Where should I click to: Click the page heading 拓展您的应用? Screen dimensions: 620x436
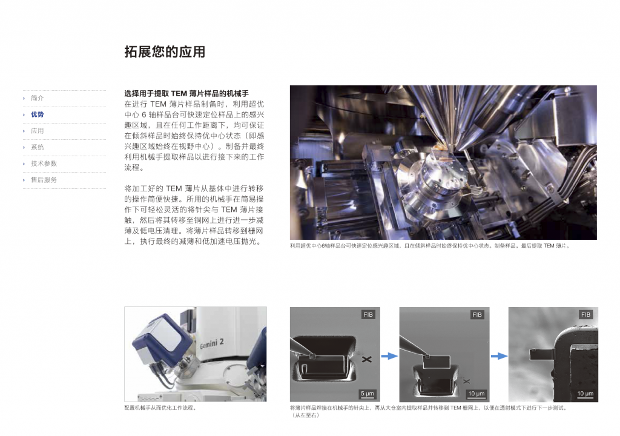(x=165, y=52)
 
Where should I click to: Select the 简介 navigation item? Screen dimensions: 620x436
(x=37, y=98)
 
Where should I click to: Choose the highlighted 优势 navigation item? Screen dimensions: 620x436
(x=37, y=114)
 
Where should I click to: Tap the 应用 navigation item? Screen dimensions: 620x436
(x=37, y=131)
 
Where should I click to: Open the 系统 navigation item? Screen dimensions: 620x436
(x=37, y=147)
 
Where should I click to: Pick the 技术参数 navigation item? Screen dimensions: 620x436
(x=44, y=163)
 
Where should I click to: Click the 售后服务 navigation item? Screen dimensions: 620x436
(x=44, y=180)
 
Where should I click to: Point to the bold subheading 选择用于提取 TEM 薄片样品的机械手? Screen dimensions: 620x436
(x=186, y=93)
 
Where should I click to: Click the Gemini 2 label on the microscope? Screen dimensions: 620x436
(x=212, y=343)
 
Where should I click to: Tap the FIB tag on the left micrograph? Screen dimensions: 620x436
(x=368, y=314)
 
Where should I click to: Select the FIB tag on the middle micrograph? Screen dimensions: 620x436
(x=477, y=314)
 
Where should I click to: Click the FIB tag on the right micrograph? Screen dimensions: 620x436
(x=585, y=314)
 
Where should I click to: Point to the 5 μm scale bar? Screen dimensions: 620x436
(x=368, y=394)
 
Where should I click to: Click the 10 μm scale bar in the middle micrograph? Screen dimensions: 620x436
(x=476, y=394)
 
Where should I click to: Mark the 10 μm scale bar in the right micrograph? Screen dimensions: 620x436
(x=585, y=394)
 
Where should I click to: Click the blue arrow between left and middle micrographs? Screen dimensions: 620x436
(x=389, y=356)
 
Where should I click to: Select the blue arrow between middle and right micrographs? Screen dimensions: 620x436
(x=499, y=356)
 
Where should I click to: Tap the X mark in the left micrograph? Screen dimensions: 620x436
(x=367, y=359)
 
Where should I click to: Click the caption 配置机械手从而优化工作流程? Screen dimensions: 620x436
(x=160, y=408)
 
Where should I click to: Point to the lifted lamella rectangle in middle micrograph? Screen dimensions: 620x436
(x=437, y=362)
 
